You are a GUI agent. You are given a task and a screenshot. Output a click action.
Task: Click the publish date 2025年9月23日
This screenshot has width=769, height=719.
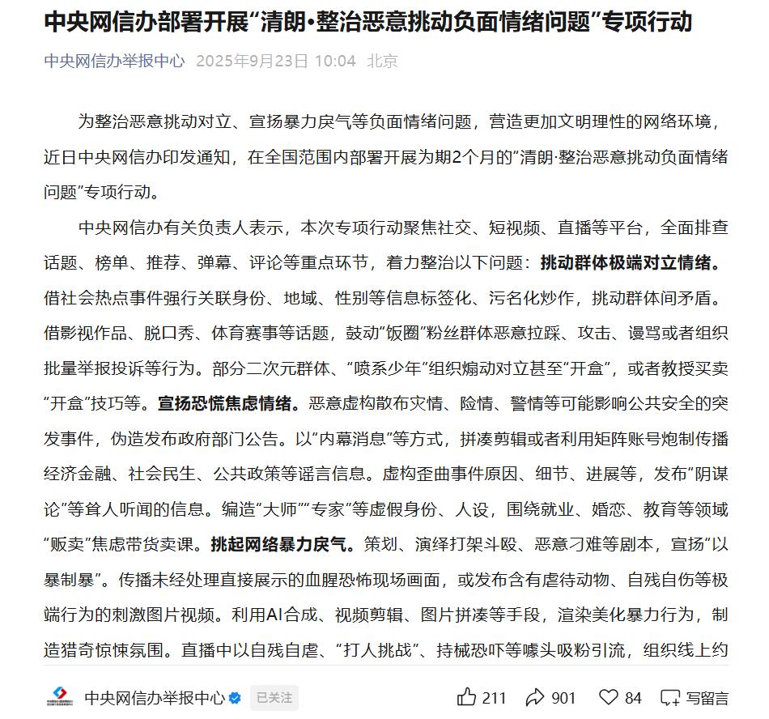(x=253, y=62)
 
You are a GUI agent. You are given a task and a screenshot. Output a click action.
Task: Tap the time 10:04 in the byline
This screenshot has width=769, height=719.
(x=335, y=62)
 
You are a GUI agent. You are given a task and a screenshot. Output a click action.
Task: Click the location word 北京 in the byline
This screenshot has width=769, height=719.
(x=382, y=62)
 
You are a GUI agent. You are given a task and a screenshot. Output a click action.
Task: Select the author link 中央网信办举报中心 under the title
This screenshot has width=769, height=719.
(x=114, y=62)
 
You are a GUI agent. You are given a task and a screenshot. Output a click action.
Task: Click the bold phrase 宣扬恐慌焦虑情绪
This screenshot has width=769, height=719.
(x=229, y=402)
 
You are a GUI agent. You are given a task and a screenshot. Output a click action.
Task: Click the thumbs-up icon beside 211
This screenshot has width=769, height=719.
(x=467, y=696)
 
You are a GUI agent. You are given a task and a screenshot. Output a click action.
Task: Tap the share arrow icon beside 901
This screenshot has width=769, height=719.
(x=534, y=696)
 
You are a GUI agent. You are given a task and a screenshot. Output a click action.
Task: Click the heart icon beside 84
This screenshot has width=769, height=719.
(x=609, y=696)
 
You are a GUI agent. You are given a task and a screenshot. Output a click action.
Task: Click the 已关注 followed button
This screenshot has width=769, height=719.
(x=274, y=697)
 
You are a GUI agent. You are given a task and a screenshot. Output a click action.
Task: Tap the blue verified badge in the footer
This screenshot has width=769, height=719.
(x=235, y=697)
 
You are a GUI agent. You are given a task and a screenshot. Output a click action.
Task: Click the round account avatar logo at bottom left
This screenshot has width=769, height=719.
(x=59, y=697)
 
